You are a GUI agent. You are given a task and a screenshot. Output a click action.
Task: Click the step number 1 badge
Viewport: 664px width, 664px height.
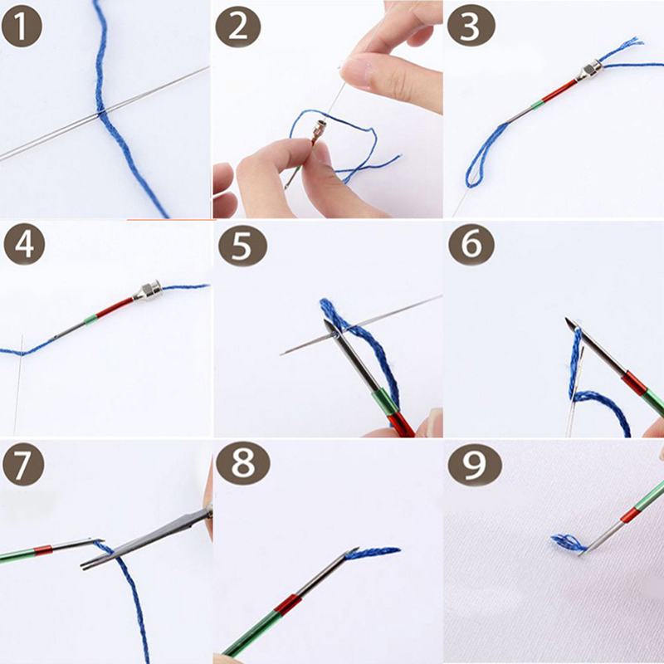click(22, 27)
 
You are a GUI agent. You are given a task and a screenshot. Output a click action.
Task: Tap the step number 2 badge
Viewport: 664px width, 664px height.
click(238, 27)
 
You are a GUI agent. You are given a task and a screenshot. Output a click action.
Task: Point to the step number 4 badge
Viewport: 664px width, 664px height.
click(24, 244)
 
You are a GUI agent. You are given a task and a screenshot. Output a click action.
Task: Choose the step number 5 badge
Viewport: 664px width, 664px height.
click(242, 246)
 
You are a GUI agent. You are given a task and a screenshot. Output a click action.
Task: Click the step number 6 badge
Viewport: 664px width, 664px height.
click(471, 244)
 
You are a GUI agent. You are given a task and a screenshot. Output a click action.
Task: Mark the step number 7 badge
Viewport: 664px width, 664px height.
click(23, 464)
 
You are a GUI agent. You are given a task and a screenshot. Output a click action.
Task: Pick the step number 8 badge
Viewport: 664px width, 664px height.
click(242, 463)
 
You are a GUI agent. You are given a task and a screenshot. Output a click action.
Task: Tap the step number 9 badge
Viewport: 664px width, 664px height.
click(475, 464)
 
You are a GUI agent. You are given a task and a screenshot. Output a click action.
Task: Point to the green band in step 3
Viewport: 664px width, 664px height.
click(537, 105)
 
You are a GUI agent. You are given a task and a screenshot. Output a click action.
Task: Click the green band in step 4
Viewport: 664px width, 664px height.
click(90, 320)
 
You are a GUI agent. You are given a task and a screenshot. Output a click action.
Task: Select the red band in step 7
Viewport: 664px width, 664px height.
click(43, 550)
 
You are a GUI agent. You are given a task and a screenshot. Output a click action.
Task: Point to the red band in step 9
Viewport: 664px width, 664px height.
click(630, 515)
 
